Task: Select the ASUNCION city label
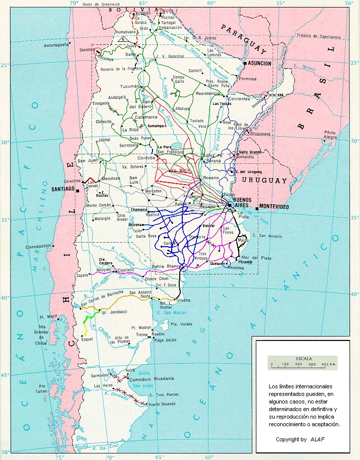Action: [x=260, y=64]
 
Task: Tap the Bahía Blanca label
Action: [x=166, y=266]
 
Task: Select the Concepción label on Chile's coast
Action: [x=38, y=246]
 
